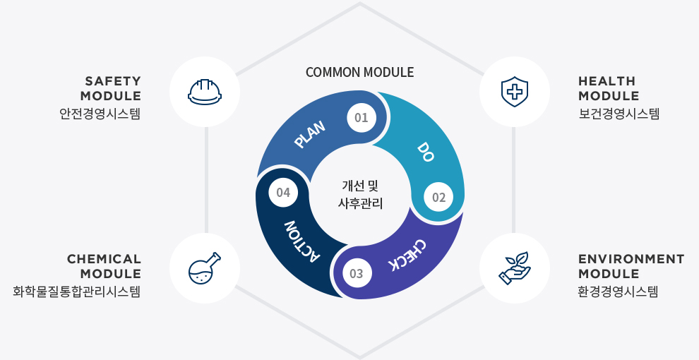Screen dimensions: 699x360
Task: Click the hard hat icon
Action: point(205,92)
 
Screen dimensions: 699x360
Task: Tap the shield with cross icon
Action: point(515,92)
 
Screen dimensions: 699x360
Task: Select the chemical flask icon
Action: point(205,268)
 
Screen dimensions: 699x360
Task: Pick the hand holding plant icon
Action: point(515,268)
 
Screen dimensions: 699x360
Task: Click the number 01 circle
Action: point(361,118)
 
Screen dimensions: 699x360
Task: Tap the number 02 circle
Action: point(438,198)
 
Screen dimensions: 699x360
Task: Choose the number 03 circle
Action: point(357,273)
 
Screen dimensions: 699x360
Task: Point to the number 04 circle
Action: point(283,193)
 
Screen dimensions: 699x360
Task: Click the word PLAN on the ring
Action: point(310,134)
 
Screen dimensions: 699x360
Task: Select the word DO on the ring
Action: point(426,152)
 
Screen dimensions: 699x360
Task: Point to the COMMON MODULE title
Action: point(360,72)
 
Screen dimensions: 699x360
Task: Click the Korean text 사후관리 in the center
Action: point(360,203)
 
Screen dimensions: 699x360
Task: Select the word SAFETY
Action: point(113,81)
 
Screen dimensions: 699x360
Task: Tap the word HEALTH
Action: point(607,81)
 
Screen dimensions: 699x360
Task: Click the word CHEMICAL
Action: point(104,259)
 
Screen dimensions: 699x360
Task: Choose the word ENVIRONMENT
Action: point(631,259)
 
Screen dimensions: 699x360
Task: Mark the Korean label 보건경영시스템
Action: point(619,114)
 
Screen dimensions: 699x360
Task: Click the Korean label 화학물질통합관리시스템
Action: point(77,292)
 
